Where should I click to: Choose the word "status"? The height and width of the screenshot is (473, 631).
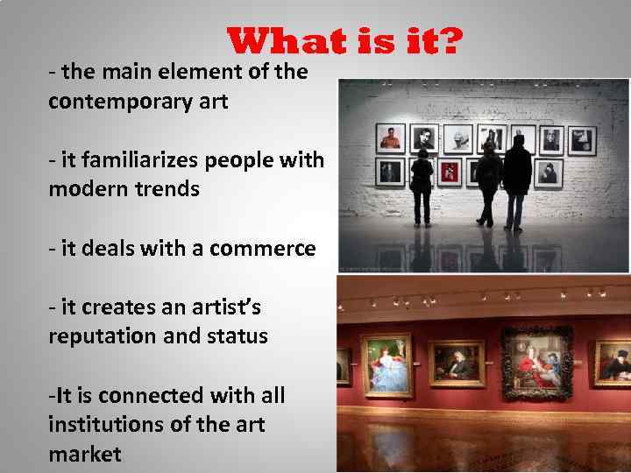tap(237, 336)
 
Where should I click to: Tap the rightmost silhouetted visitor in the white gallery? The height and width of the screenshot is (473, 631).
tap(517, 181)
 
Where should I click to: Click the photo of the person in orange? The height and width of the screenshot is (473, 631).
tap(390, 138)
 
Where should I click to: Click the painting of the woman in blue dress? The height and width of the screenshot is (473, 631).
tap(386, 364)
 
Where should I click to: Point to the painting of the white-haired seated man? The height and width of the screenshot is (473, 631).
tap(457, 364)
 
